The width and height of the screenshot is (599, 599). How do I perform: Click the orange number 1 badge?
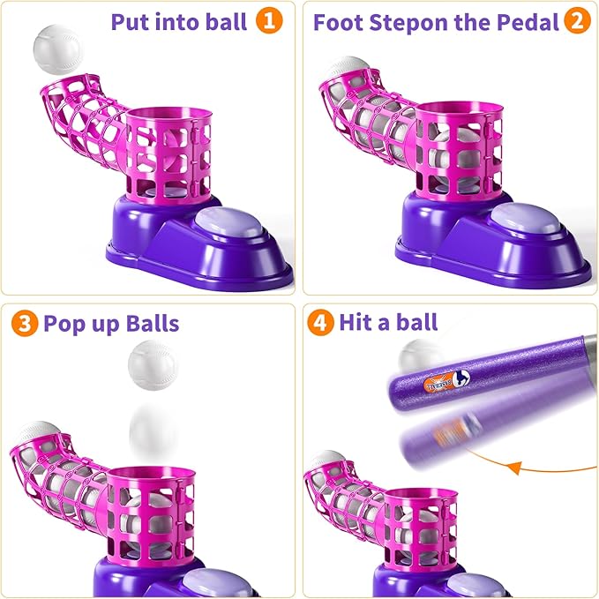(269, 21)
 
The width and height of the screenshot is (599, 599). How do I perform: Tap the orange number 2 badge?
(577, 21)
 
